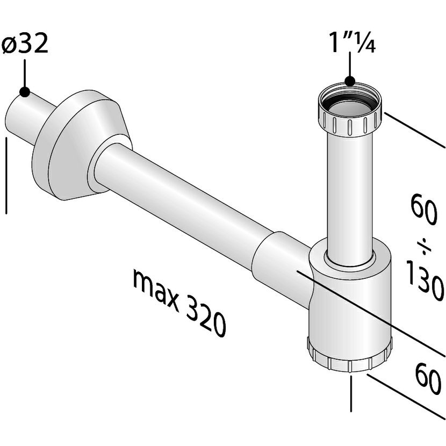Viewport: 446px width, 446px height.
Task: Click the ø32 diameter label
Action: click(x=25, y=44)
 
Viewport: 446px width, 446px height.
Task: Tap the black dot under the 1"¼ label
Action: click(x=350, y=82)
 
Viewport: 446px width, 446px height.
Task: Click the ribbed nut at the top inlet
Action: click(x=349, y=121)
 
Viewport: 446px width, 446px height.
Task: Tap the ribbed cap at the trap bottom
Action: click(x=349, y=357)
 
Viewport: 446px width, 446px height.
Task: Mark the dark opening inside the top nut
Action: click(x=349, y=102)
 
